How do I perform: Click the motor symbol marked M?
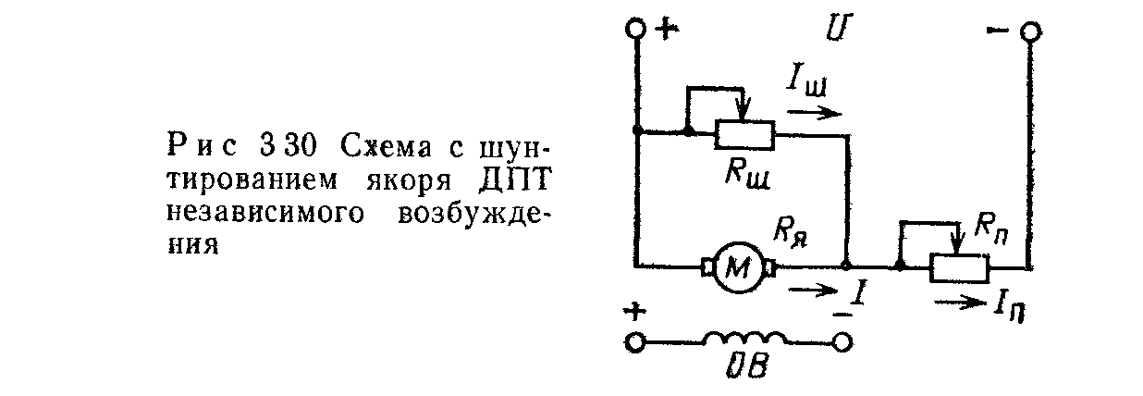tap(739, 266)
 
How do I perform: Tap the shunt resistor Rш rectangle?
tap(745, 135)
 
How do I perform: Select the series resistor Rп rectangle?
tap(960, 268)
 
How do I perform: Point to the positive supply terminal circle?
tap(636, 31)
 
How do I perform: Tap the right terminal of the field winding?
tap(841, 343)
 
